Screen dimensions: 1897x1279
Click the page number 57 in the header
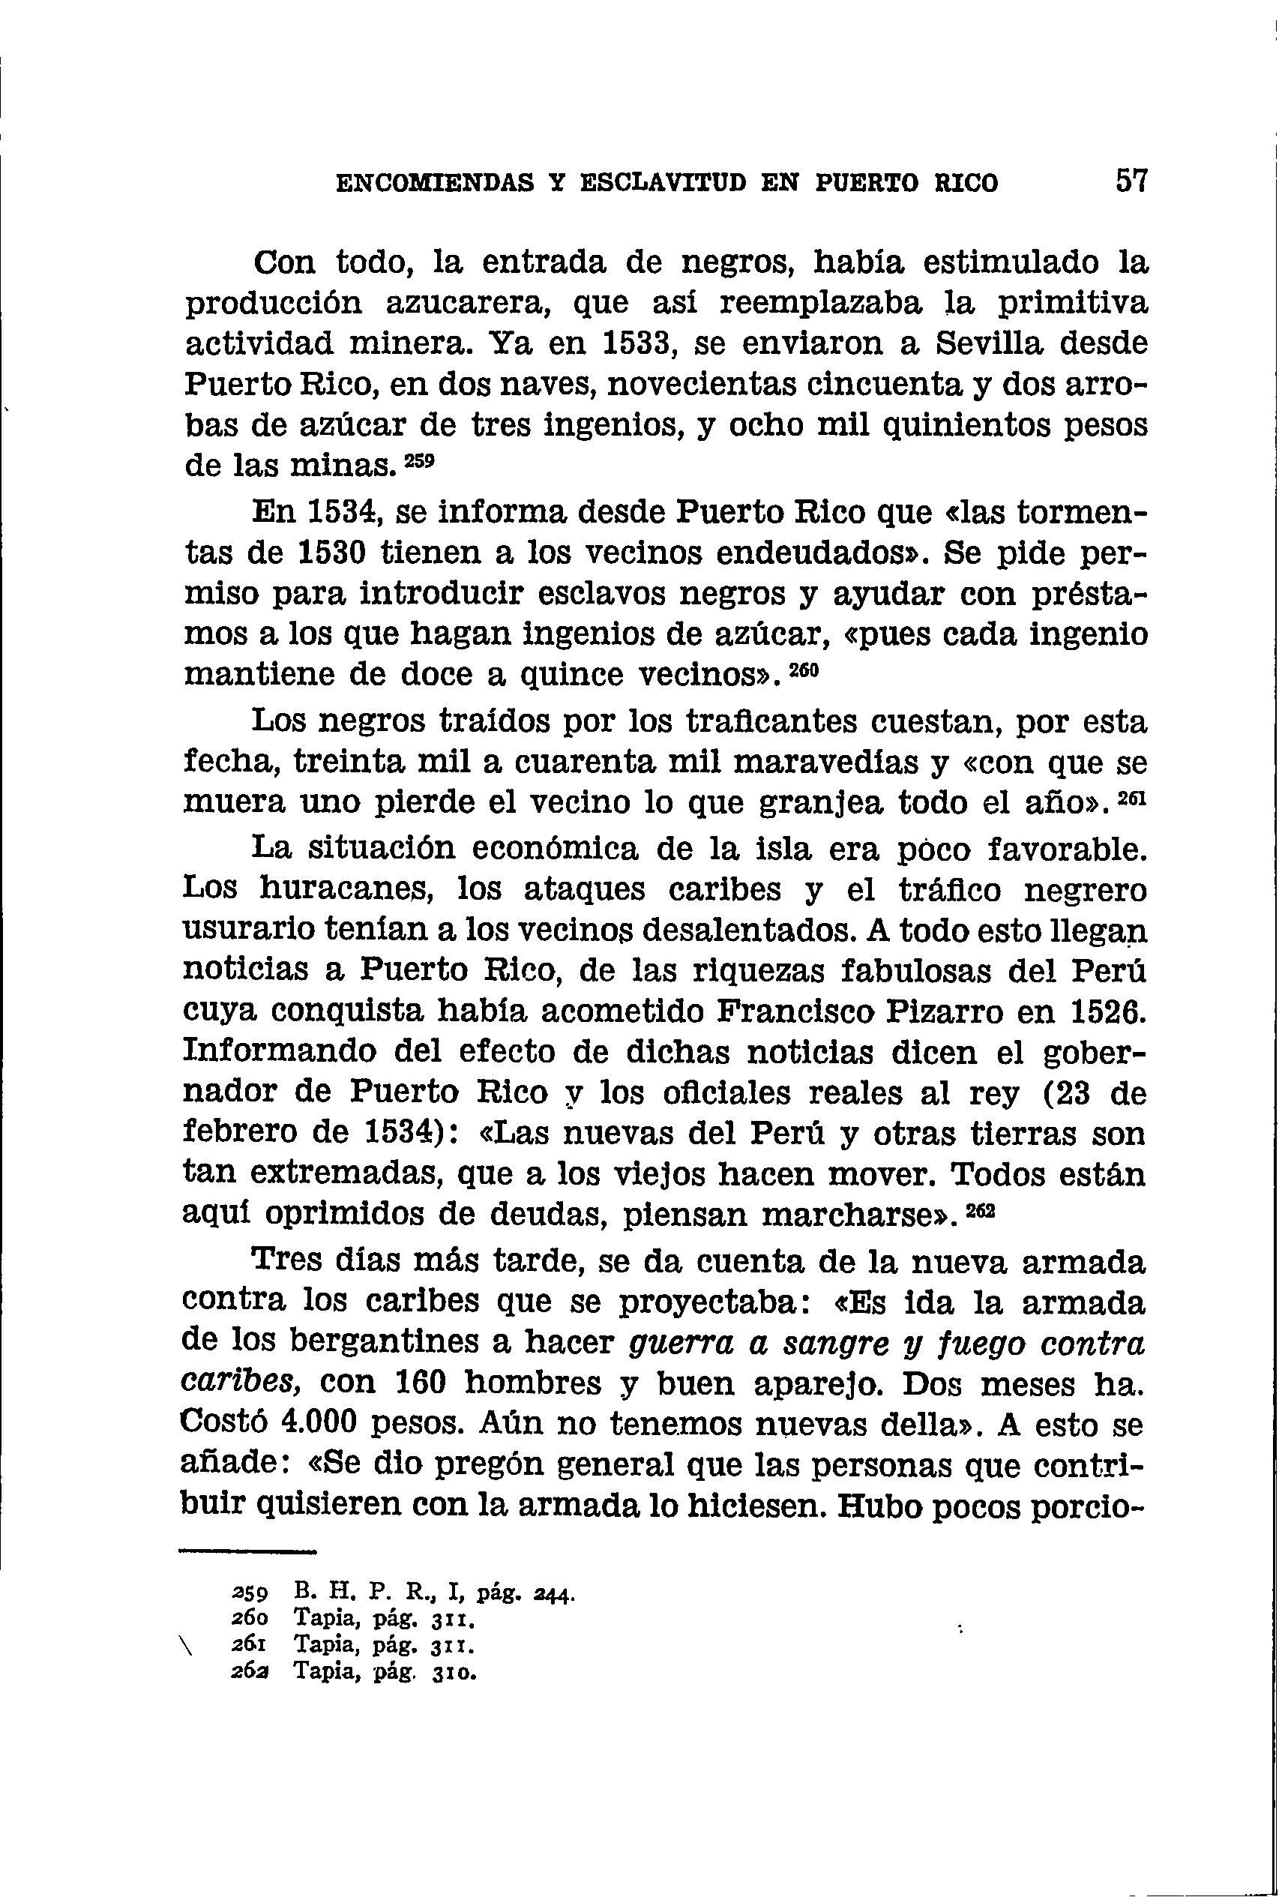point(1131,179)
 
